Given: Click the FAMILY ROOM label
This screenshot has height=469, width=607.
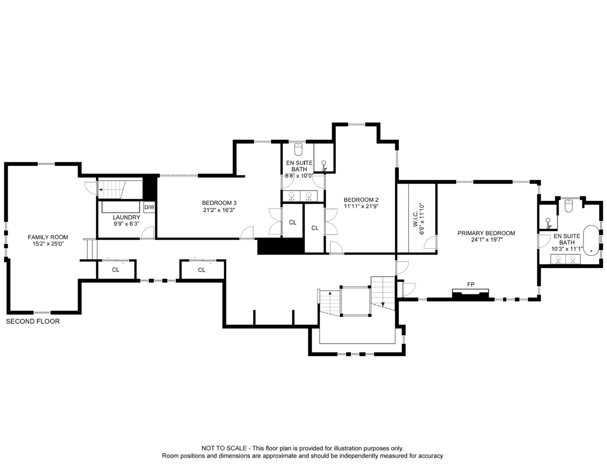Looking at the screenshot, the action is [x=48, y=237].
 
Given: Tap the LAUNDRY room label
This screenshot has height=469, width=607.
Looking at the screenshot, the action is [x=126, y=217].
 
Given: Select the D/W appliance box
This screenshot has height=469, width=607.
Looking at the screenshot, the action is [x=149, y=207].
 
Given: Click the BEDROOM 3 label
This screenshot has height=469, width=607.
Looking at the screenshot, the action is [x=219, y=203].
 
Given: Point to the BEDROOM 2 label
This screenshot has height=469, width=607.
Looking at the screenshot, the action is [x=361, y=200].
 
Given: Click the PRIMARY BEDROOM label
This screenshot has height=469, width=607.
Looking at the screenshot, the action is [x=486, y=233].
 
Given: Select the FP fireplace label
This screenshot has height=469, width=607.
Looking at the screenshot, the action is [x=471, y=285].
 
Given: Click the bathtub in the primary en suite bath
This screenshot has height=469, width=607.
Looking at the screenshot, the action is [x=591, y=240].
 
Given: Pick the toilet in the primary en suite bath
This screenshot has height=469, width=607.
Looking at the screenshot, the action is [x=569, y=206].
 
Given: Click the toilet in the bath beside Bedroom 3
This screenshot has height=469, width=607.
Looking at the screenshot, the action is [x=298, y=149].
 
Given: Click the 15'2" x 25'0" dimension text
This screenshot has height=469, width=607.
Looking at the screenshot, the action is [x=48, y=244].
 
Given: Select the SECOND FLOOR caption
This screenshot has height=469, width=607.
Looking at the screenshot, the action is [x=33, y=322].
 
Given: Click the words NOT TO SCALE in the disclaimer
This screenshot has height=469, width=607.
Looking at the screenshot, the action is [x=224, y=448].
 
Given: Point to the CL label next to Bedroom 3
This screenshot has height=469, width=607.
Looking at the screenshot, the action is [x=293, y=223].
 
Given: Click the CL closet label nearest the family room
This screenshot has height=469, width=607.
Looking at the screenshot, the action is [x=116, y=270].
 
